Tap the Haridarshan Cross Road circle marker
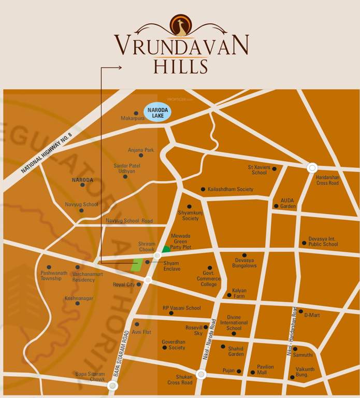point(312,167)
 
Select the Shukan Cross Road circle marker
point(201,374)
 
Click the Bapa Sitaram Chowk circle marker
point(112,385)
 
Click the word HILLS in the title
point(181,67)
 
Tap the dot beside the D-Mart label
point(300,312)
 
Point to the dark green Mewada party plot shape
point(166,249)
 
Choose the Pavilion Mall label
point(265,370)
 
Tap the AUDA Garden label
point(288,203)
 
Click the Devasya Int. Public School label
point(323,241)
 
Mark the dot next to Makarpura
point(136,113)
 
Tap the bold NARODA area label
point(82,180)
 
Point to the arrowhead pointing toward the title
point(120,67)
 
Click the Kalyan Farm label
point(239,293)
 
